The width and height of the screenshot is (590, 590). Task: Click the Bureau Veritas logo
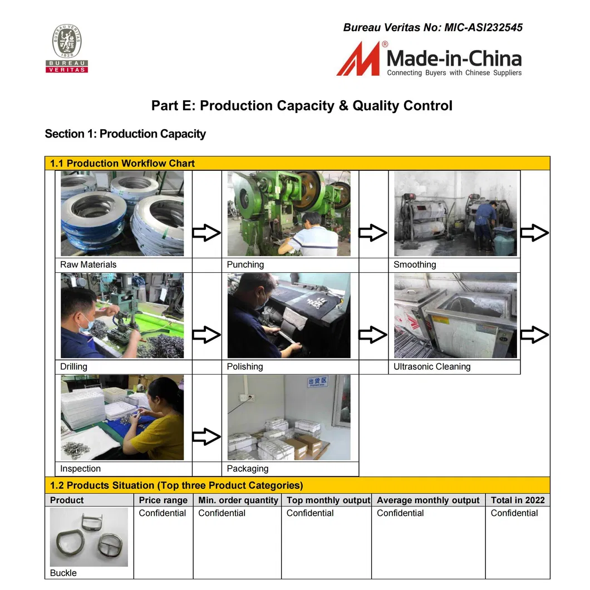click(67, 48)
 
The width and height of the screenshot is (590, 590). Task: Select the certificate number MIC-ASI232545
click(483, 27)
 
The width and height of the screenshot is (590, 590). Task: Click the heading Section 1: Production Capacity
click(125, 134)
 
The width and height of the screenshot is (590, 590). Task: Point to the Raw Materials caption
click(88, 264)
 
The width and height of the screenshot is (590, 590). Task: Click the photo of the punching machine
click(289, 214)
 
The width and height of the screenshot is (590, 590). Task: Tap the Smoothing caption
click(415, 264)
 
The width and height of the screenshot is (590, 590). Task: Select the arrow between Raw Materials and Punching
click(206, 233)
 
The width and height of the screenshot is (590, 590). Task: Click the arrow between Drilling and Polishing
click(206, 335)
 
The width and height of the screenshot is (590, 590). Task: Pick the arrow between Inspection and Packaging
click(206, 437)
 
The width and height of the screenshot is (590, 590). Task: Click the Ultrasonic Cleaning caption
click(432, 367)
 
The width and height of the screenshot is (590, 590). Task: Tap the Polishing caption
click(245, 367)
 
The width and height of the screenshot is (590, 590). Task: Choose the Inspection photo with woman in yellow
click(122, 417)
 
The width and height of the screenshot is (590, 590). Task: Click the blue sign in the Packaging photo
click(318, 382)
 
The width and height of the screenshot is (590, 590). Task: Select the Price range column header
click(163, 500)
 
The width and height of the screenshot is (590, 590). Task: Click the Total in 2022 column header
click(518, 500)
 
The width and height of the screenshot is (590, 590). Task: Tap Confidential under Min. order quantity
click(222, 513)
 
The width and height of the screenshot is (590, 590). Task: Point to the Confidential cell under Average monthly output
click(400, 513)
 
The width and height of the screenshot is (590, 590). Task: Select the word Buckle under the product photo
click(63, 573)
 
